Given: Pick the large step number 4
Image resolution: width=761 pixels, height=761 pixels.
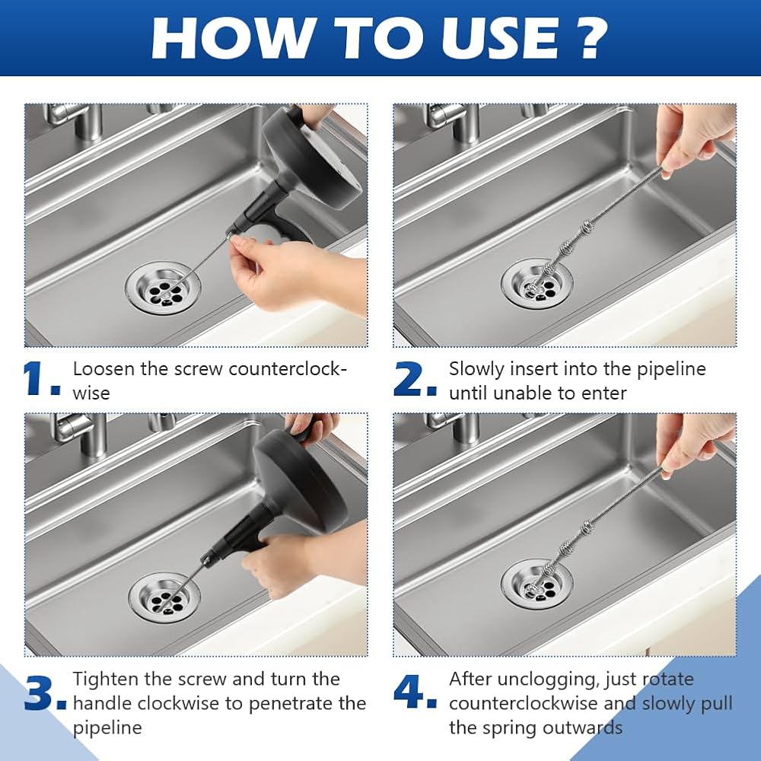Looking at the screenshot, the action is [415, 691].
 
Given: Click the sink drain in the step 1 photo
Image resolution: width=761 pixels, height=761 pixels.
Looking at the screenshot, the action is [163, 289].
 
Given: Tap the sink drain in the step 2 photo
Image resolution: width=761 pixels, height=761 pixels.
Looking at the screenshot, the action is [537, 285].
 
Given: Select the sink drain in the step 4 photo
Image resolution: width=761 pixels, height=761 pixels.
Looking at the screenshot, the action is [537, 584].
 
